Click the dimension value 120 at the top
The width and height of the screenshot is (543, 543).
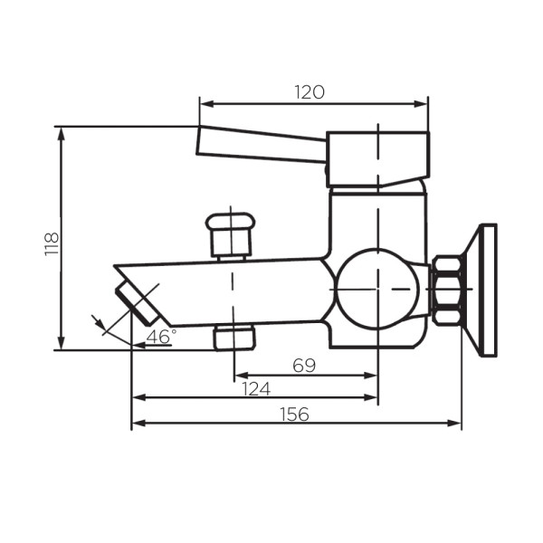click(x=310, y=91)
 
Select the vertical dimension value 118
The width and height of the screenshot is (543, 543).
click(x=52, y=243)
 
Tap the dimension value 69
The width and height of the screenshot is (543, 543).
click(x=304, y=365)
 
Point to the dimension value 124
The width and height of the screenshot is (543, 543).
click(x=256, y=388)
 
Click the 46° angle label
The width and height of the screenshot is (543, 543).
click(x=162, y=336)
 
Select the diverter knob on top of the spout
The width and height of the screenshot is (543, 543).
click(x=231, y=234)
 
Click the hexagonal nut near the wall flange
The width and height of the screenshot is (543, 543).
click(x=448, y=291)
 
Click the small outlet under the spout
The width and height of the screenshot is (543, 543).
click(x=234, y=338)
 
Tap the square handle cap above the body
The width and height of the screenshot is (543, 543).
click(x=377, y=160)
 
